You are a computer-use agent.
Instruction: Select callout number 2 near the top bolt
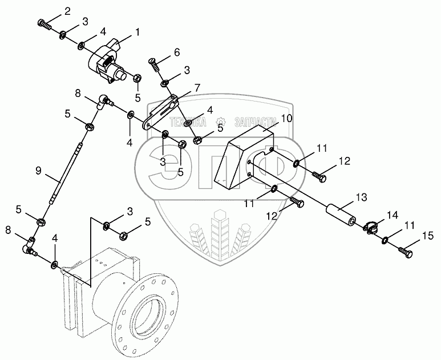point(67,11)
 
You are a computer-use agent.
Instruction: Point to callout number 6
point(176,52)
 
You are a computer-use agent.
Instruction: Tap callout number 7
point(197,88)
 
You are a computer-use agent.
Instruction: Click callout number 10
point(286,119)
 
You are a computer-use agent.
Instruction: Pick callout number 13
point(361,197)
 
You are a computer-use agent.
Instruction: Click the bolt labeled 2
point(44,23)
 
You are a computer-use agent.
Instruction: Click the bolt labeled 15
point(406,250)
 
